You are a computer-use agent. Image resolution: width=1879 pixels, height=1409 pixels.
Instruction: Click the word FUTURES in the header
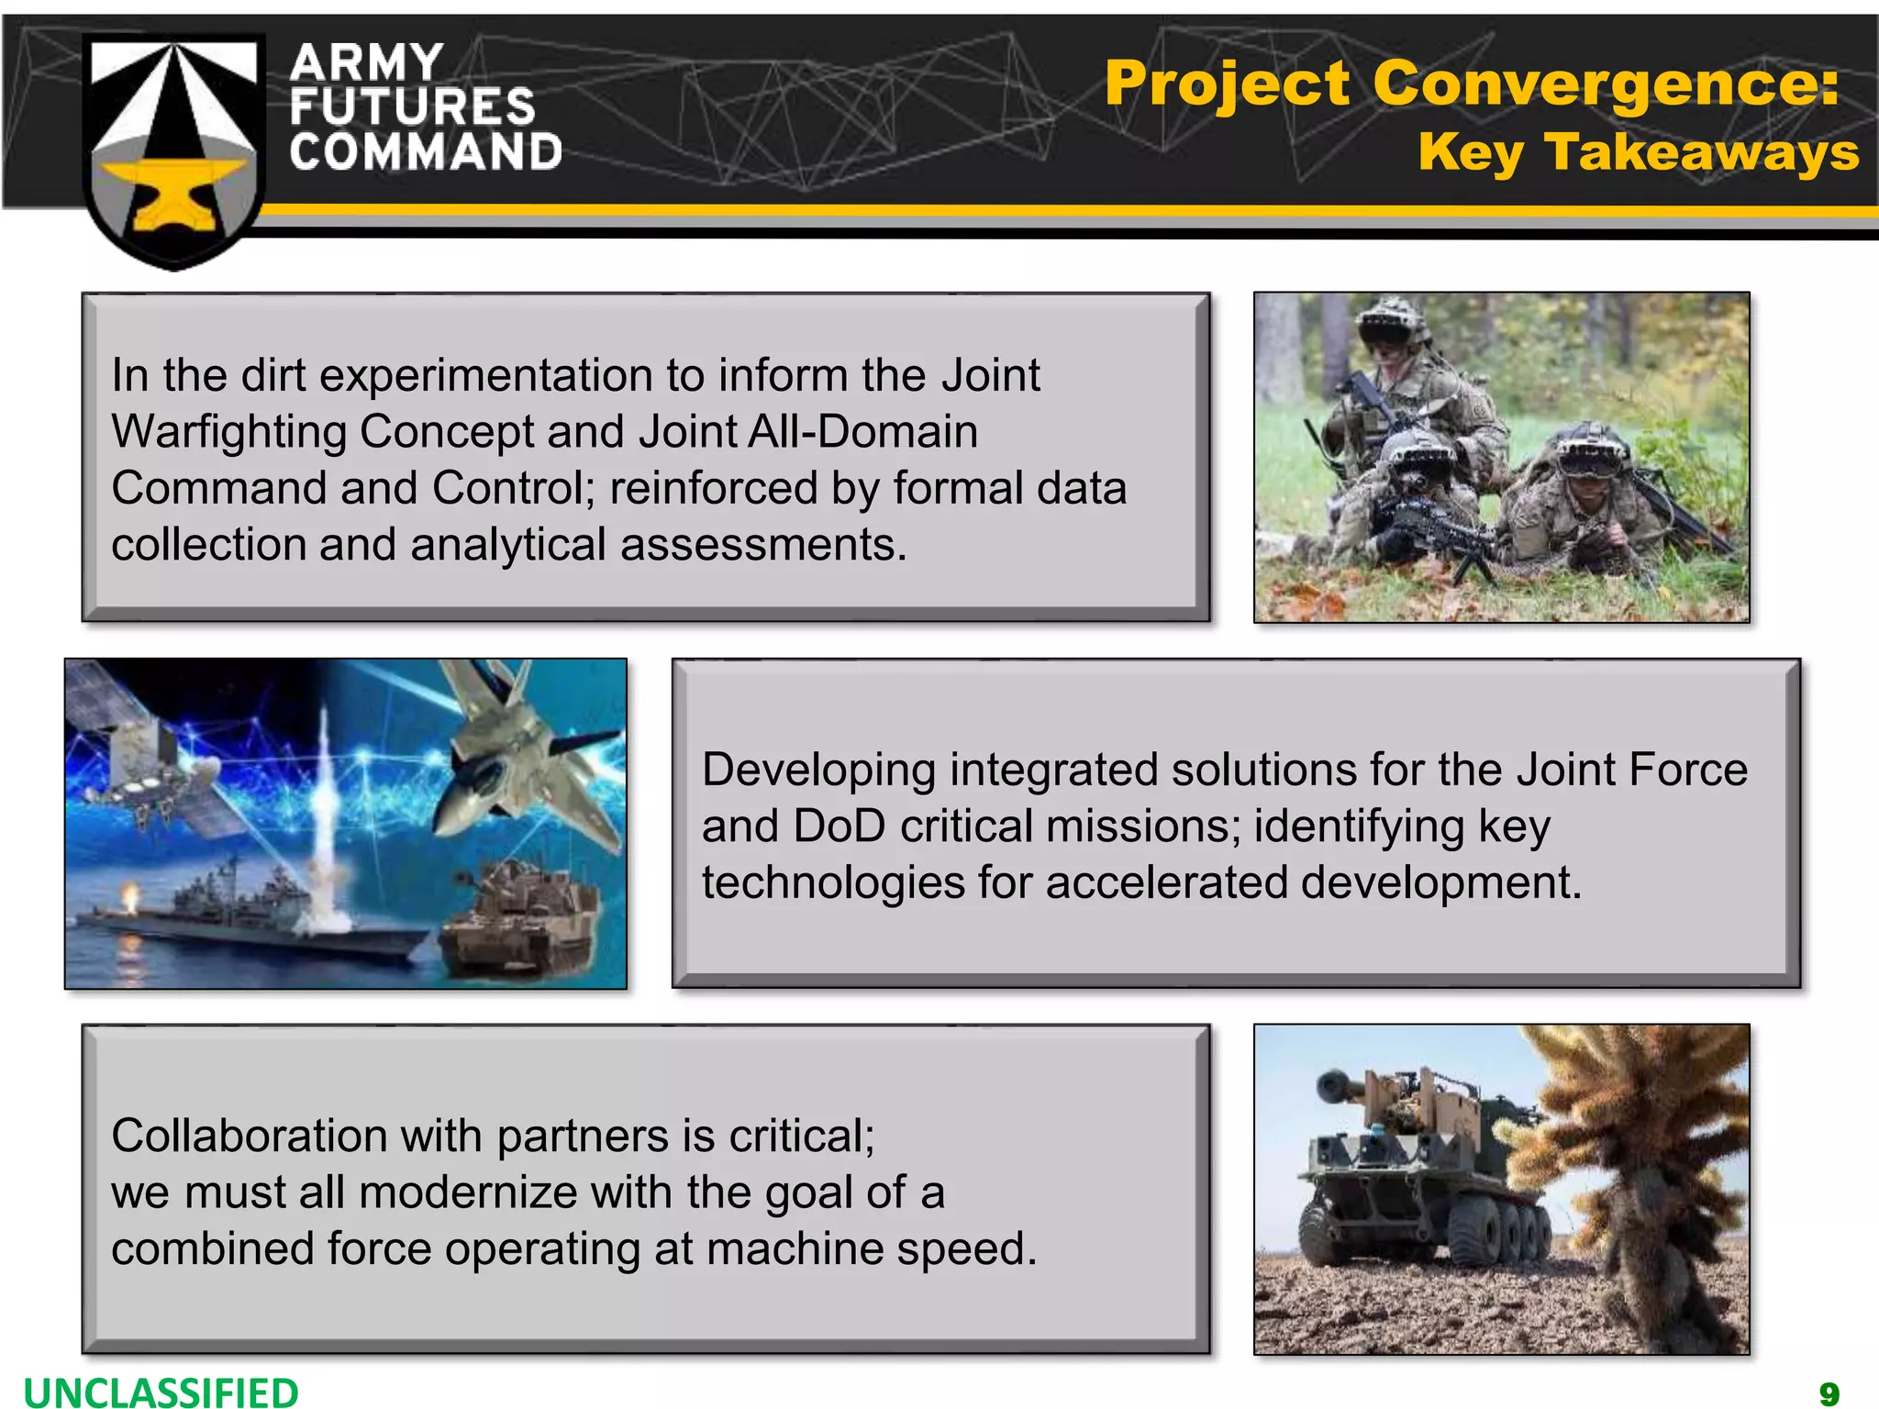pyautogui.click(x=412, y=106)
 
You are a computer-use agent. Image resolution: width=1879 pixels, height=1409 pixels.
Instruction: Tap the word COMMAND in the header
pyautogui.click(x=426, y=152)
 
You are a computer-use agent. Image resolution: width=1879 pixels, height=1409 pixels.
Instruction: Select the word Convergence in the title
pyautogui.click(x=1606, y=83)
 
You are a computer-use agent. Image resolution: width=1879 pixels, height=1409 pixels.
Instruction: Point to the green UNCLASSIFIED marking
pyautogui.click(x=161, y=1391)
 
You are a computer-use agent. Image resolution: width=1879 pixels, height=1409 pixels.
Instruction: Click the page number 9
pyautogui.click(x=1829, y=1393)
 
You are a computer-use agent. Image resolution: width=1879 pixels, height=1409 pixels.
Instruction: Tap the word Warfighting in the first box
pyautogui.click(x=228, y=431)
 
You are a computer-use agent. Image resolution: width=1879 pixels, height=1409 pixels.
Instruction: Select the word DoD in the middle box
pyautogui.click(x=839, y=826)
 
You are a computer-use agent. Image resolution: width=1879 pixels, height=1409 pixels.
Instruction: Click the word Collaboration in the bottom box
pyautogui.click(x=249, y=1136)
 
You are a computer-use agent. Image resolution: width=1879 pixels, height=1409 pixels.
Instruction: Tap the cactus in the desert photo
pyautogui.click(x=1651, y=1156)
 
